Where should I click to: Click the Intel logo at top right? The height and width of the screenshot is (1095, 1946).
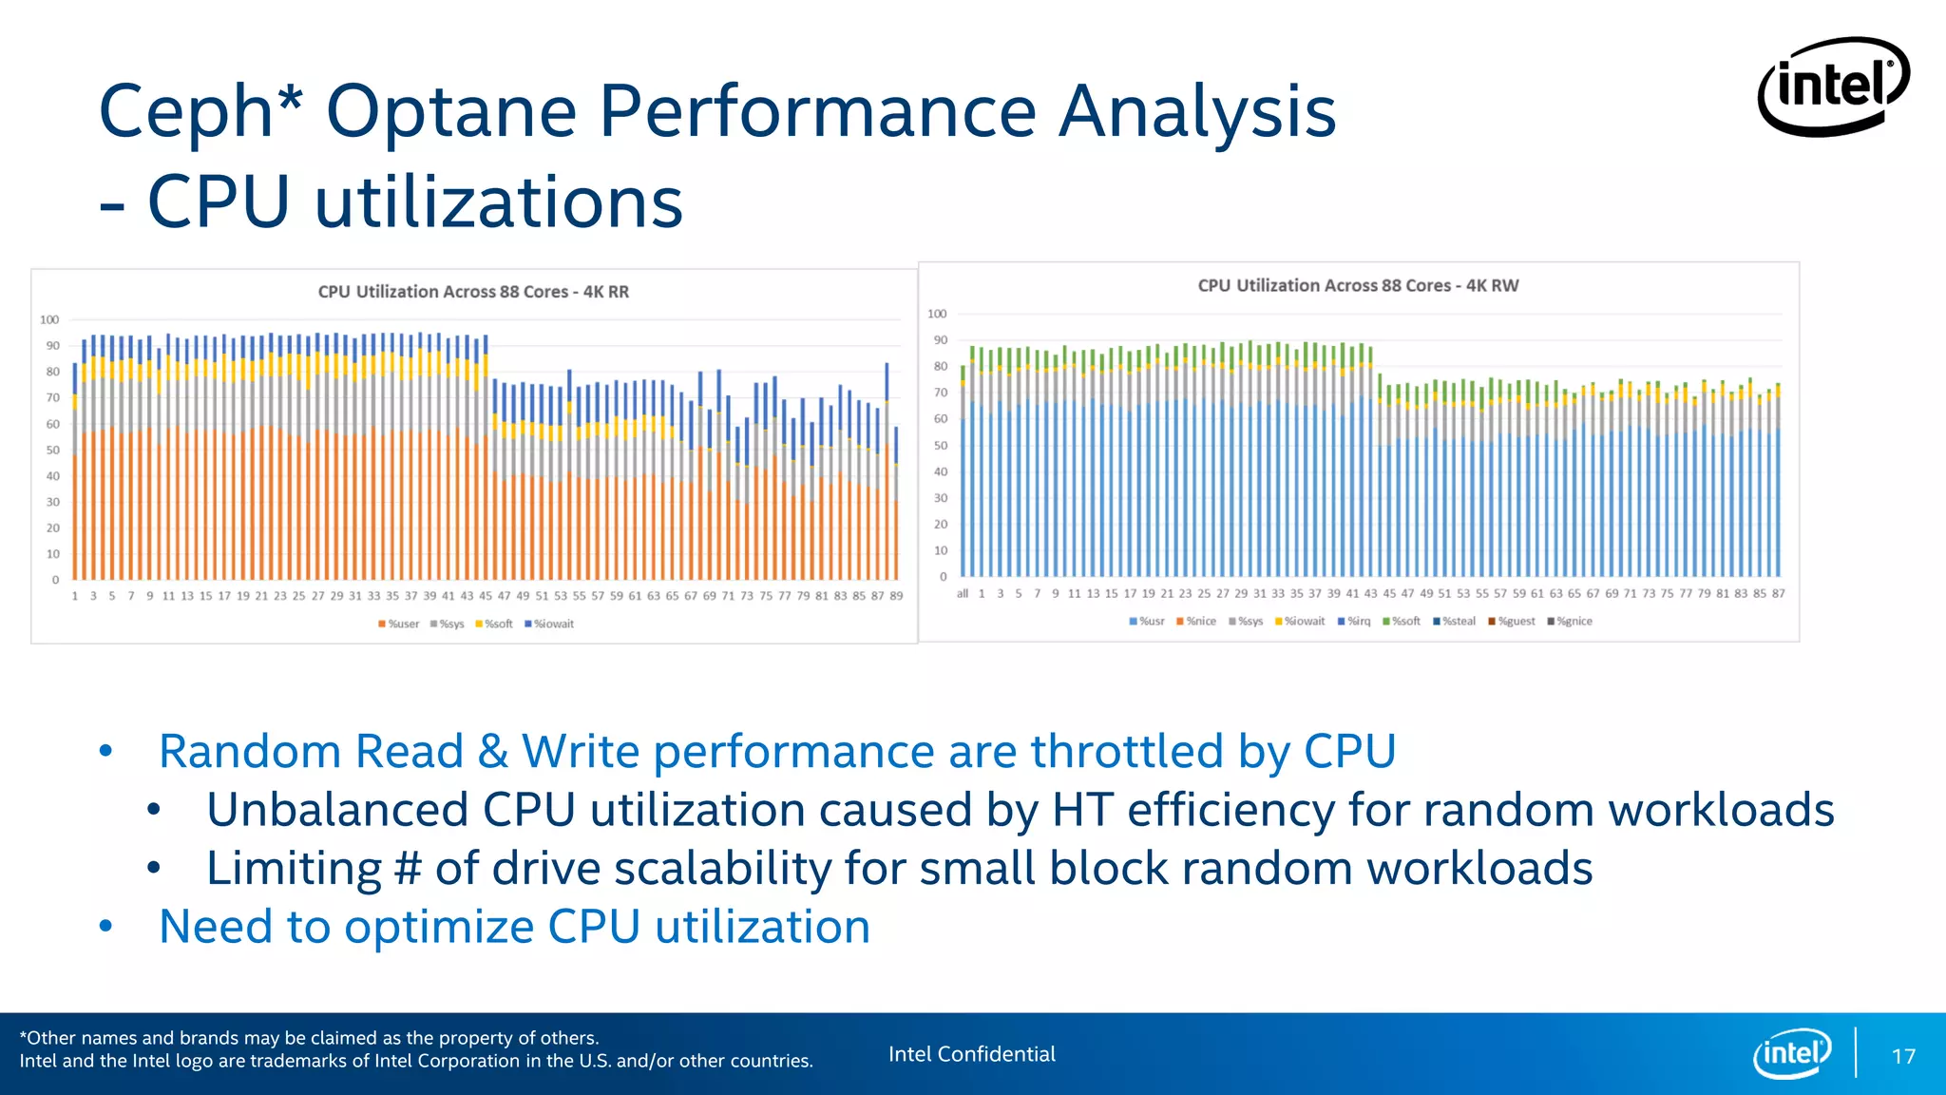tap(1833, 86)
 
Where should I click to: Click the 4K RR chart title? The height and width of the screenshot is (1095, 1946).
tap(473, 292)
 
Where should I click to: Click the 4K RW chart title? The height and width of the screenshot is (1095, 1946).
tap(1358, 285)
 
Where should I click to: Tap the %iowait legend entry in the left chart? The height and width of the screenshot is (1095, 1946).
tap(550, 624)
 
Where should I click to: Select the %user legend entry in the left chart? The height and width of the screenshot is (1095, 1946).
tap(399, 624)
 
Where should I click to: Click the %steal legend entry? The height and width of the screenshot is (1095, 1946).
tap(1455, 621)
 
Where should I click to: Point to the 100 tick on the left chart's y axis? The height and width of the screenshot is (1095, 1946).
tap(49, 319)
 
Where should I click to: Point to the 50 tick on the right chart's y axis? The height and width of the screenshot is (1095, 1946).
tap(940, 445)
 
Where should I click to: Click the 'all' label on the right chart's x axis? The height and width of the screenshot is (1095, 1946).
tap(962, 593)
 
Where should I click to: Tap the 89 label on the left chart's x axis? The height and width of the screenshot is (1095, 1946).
tap(896, 596)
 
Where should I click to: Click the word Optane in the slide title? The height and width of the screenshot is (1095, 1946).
tap(451, 112)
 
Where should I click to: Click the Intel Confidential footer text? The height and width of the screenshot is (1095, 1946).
tap(971, 1054)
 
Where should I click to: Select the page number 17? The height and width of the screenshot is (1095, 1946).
tap(1903, 1056)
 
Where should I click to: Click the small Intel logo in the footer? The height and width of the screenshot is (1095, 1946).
tap(1792, 1053)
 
